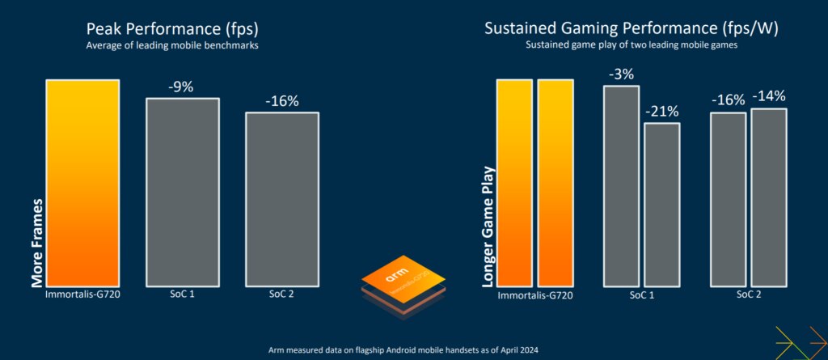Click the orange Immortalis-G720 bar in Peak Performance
[x=83, y=183]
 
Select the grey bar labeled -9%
[x=182, y=192]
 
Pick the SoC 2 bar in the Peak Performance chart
[x=281, y=199]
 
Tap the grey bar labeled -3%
[x=621, y=186]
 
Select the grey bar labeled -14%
[x=768, y=197]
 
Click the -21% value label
[x=661, y=112]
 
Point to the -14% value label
[x=768, y=96]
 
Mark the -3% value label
[x=621, y=74]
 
